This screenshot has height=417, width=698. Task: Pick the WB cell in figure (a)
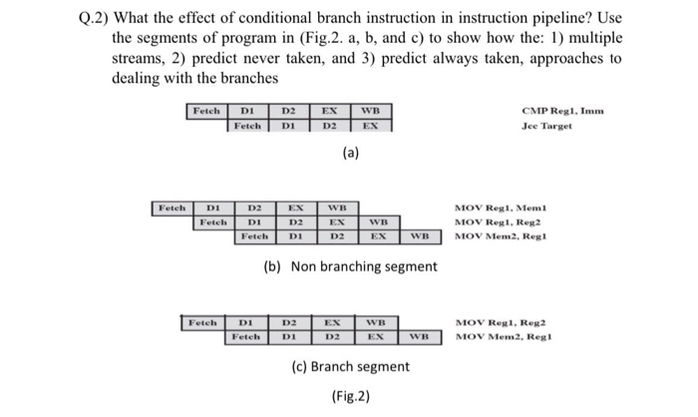click(370, 111)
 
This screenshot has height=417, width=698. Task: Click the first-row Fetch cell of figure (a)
click(207, 111)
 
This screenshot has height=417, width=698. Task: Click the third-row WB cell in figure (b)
click(419, 236)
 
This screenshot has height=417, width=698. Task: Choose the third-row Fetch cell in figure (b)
click(257, 236)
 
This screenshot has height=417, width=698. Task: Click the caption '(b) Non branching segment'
click(350, 266)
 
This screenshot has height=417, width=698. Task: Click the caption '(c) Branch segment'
click(351, 366)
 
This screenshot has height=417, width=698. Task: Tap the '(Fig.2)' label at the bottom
click(351, 395)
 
